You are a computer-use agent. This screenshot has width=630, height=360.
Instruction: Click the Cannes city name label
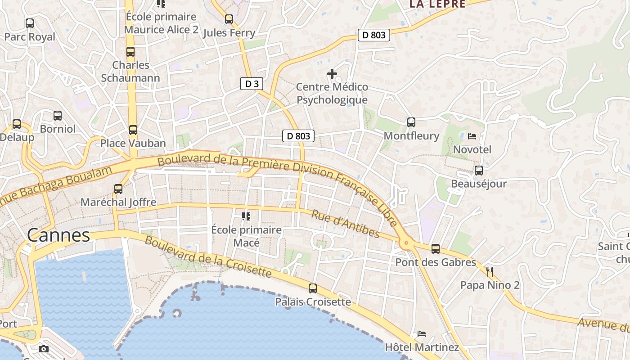point(58,235)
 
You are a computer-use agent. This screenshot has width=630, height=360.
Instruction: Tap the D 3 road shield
point(252,83)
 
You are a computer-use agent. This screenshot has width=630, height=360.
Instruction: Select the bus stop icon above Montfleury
point(411,122)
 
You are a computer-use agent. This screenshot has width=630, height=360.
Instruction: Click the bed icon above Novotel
point(472,136)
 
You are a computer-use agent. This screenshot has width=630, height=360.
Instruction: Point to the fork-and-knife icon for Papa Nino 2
point(490,272)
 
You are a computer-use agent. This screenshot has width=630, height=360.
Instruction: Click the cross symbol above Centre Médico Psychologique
point(332,74)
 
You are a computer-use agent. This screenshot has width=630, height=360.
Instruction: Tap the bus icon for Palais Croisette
point(313,288)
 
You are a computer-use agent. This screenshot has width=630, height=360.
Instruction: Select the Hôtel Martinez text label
point(422,347)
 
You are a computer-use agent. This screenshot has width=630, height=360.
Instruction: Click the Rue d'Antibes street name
point(345,224)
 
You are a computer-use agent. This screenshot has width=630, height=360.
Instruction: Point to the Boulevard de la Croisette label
point(208,257)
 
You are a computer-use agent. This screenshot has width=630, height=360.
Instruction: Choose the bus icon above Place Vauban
point(133,130)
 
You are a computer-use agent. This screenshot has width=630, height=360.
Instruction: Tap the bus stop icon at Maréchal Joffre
point(118,189)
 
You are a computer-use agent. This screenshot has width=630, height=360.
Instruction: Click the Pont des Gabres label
point(436,262)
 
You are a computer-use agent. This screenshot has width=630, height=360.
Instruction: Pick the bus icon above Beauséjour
point(479,171)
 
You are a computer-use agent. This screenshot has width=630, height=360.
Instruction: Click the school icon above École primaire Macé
point(246,216)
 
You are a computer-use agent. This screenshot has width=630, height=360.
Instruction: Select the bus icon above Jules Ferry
point(229,19)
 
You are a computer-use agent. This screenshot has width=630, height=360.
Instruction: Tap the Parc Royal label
point(30,37)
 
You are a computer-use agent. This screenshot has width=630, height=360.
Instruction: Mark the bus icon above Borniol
point(58,116)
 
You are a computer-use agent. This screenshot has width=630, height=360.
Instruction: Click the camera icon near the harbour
point(44,349)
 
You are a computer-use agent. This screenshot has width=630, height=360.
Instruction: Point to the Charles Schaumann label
point(130,72)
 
